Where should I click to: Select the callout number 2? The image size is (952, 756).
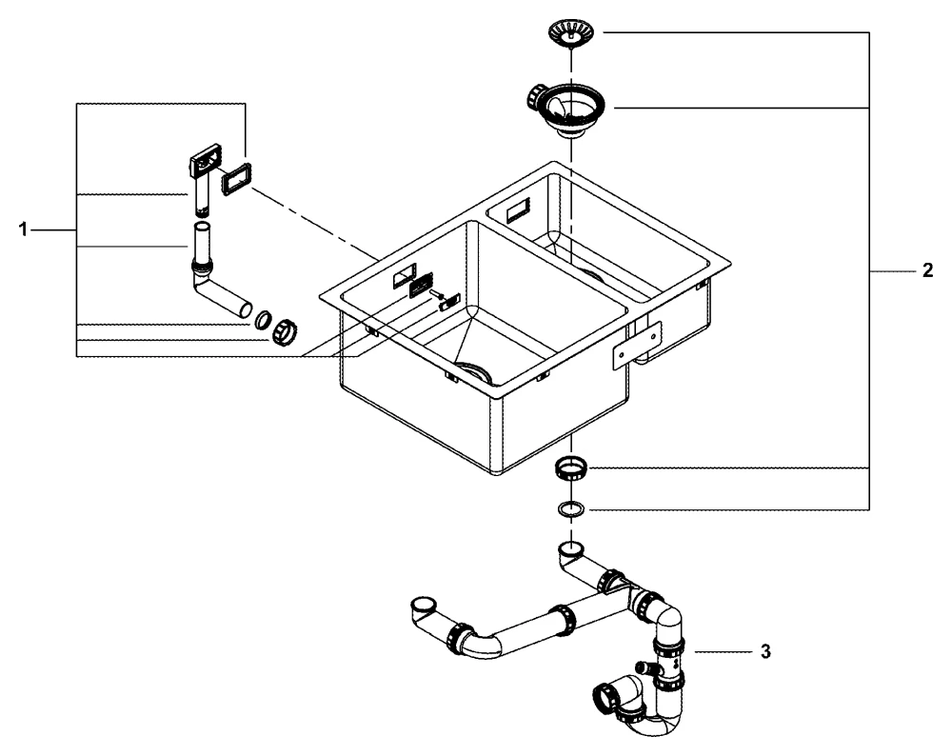point(927,271)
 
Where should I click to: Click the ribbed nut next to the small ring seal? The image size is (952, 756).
point(286,332)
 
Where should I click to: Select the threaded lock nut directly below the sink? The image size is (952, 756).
point(569,468)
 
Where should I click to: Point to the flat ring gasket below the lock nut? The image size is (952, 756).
point(569,508)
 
